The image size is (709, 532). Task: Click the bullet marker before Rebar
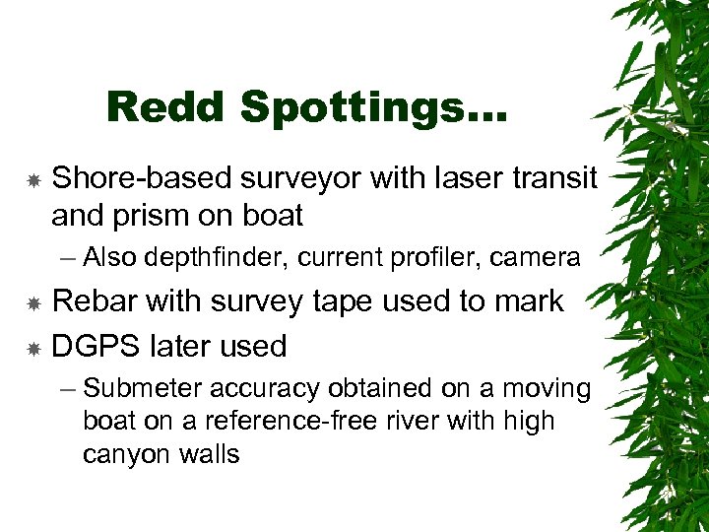32,303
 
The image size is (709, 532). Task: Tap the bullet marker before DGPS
32,348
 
